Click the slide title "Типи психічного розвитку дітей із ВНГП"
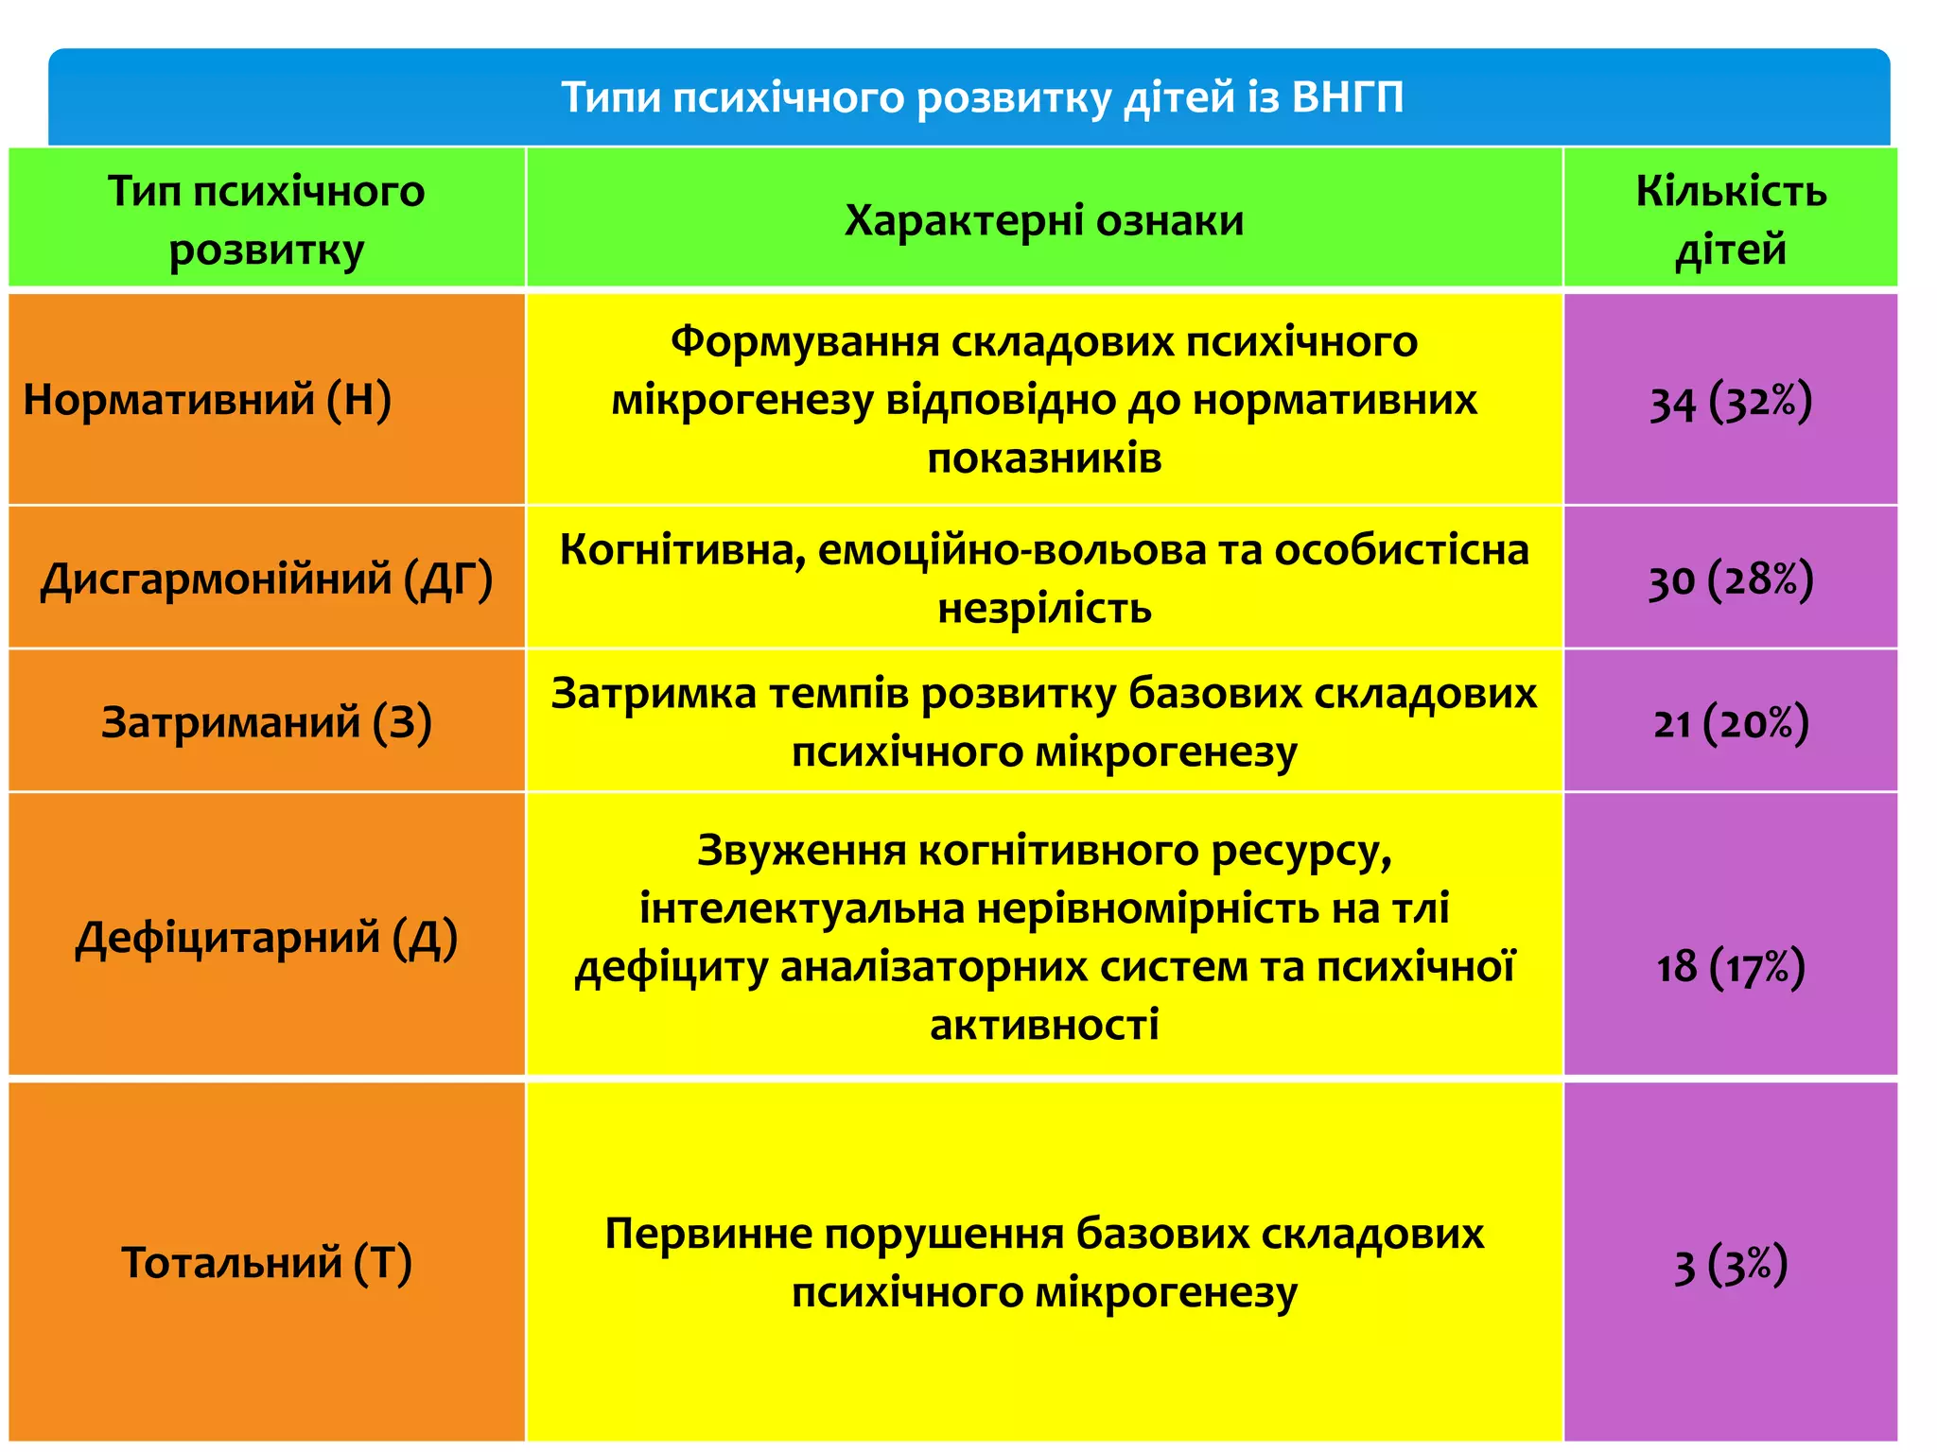[982, 97]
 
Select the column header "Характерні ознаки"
[1043, 220]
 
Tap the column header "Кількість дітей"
[1730, 220]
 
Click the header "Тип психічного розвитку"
[266, 220]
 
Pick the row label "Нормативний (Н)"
[207, 399]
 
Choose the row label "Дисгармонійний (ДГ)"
[266, 579]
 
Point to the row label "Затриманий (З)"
[266, 722]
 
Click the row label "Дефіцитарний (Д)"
[266, 938]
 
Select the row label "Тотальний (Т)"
[266, 1263]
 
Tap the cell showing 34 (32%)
[1730, 402]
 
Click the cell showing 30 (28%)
[1730, 579]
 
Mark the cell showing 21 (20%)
[1730, 723]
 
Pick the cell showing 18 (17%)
[1730, 967]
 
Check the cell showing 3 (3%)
[1730, 1265]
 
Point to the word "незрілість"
[1044, 609]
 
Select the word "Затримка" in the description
[654, 694]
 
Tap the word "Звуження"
[801, 851]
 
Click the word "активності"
[1044, 1025]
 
